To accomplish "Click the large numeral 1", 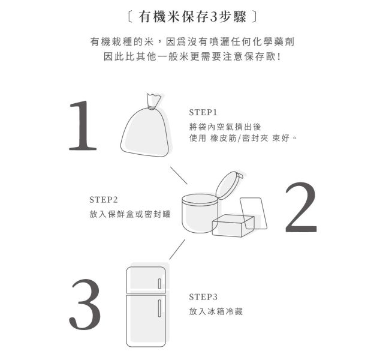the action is [83, 125].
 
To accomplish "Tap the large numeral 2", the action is [301, 207].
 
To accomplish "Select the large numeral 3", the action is [85, 304].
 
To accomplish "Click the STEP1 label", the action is [203, 113].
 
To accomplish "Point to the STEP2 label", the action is [104, 200].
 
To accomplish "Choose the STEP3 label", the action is [203, 297].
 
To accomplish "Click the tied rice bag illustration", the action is [145, 125].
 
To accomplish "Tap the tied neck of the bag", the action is [153, 107].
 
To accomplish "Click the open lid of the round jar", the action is [229, 185].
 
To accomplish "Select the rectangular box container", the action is [233, 226].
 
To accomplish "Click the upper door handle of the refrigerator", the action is [159, 284].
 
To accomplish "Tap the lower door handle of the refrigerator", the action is [159, 308].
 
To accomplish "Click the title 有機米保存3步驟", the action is [192, 17].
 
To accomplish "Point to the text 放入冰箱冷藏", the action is [216, 311].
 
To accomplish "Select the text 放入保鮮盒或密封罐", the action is [129, 214].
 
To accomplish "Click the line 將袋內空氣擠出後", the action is [225, 127].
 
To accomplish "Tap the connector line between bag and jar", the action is [179, 175].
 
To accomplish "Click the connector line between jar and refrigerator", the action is [177, 250].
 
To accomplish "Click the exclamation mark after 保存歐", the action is [279, 57].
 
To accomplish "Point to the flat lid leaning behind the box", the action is [254, 213].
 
